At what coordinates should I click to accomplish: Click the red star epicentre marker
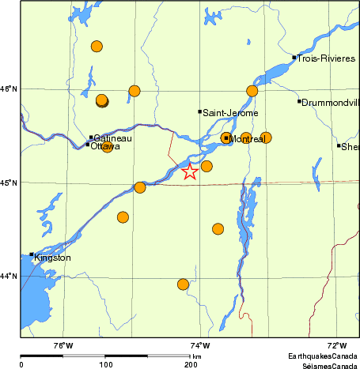(190, 171)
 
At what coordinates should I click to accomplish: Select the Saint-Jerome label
(230, 114)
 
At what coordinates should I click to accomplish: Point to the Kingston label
(53, 258)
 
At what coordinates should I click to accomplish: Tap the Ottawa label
(105, 147)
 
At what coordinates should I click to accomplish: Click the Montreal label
(246, 139)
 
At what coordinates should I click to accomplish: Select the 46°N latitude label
(9, 88)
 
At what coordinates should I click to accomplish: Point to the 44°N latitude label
(9, 276)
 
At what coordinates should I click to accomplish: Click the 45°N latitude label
(9, 183)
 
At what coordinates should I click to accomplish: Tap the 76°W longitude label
(63, 345)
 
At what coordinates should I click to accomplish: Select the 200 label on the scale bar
(190, 364)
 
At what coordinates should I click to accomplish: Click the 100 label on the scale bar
(104, 364)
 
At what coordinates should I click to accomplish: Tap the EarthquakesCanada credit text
(322, 356)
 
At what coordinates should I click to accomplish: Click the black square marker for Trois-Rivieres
(294, 57)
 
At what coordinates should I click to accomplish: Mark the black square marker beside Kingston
(32, 254)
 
